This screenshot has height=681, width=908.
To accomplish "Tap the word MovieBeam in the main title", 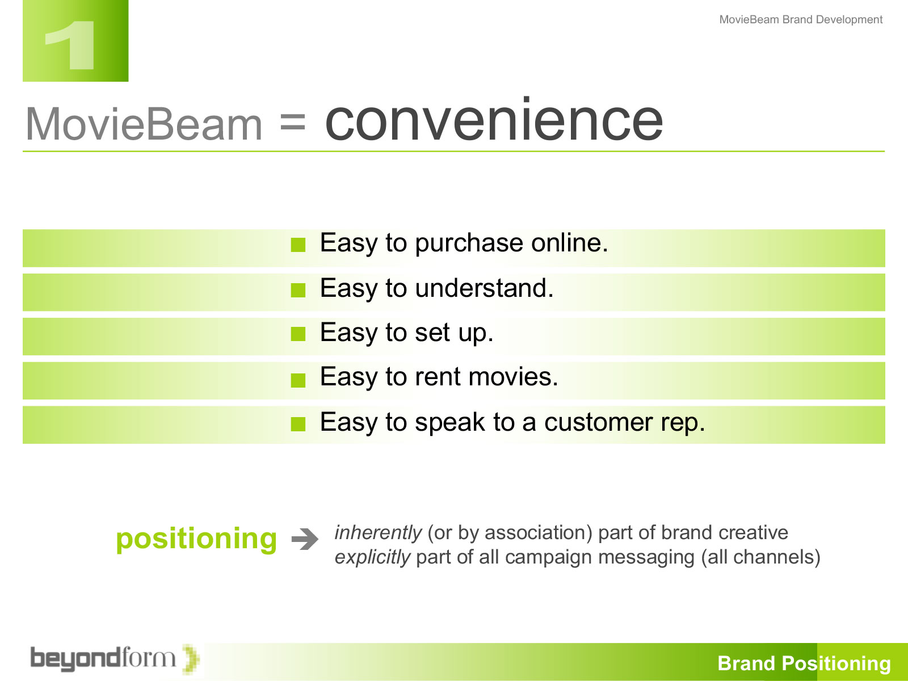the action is click(144, 124).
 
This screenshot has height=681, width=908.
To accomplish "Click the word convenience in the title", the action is click(494, 120).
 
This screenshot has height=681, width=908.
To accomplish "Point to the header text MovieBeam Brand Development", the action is click(801, 19).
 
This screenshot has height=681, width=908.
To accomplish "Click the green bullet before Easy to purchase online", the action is click(298, 245).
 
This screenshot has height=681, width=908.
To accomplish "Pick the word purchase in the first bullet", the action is click(469, 243).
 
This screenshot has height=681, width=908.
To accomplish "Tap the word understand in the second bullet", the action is click(484, 288).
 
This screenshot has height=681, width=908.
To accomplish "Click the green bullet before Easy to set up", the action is click(298, 334).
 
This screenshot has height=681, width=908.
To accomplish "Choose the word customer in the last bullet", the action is click(599, 422).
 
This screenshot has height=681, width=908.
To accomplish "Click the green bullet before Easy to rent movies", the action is click(298, 380).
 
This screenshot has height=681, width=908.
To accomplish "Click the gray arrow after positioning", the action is click(305, 539).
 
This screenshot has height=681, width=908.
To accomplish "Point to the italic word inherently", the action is click(378, 532).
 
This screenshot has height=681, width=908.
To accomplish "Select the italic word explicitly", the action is click(372, 557).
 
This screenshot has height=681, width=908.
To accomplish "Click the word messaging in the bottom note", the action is click(646, 557).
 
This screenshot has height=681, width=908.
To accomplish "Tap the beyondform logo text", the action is click(103, 658).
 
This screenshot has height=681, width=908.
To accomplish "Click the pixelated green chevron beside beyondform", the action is click(191, 659).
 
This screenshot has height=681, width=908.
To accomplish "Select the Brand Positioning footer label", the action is click(804, 663).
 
